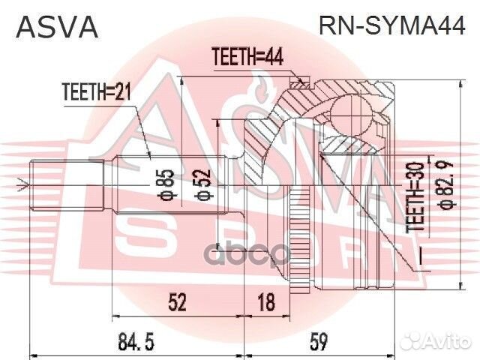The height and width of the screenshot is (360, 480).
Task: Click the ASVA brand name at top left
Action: pos(57,27)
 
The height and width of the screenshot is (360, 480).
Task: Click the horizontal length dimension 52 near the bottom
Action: pos(178,302)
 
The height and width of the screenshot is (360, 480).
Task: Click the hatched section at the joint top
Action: pos(296,97)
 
